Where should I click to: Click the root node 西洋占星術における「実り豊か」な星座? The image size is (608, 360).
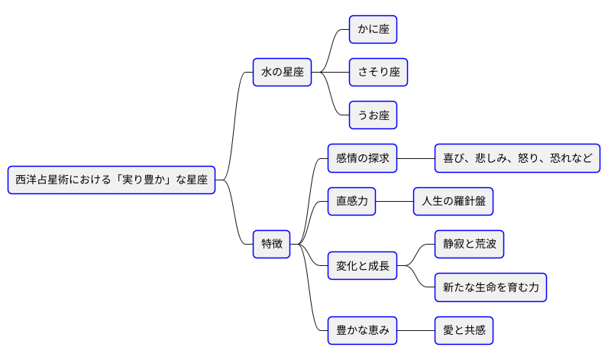[x=112, y=180]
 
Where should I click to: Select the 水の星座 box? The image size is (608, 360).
[x=283, y=73]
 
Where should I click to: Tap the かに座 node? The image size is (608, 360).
[x=373, y=30]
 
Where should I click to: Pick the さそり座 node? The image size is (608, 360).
[x=378, y=73]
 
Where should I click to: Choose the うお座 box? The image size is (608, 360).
[x=373, y=115]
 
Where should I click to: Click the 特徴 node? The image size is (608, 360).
[x=272, y=245]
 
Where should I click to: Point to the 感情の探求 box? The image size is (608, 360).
[x=363, y=158]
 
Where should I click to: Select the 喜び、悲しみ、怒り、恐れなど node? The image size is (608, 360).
[x=517, y=158]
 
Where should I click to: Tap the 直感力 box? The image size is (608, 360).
[x=351, y=202]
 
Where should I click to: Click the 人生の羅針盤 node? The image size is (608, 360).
[x=453, y=202]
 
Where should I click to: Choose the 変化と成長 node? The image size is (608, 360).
[x=363, y=266]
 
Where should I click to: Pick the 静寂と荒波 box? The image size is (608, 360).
[x=469, y=245]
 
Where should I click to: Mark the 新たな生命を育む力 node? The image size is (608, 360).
[x=490, y=287]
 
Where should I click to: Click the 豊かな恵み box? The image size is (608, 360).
[x=363, y=331]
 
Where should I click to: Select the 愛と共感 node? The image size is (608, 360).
[x=464, y=331]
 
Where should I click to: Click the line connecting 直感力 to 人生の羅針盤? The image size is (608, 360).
[x=394, y=202]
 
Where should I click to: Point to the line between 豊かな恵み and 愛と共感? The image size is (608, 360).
[x=416, y=331]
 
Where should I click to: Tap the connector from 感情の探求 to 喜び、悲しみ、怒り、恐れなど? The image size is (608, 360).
[x=416, y=158]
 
